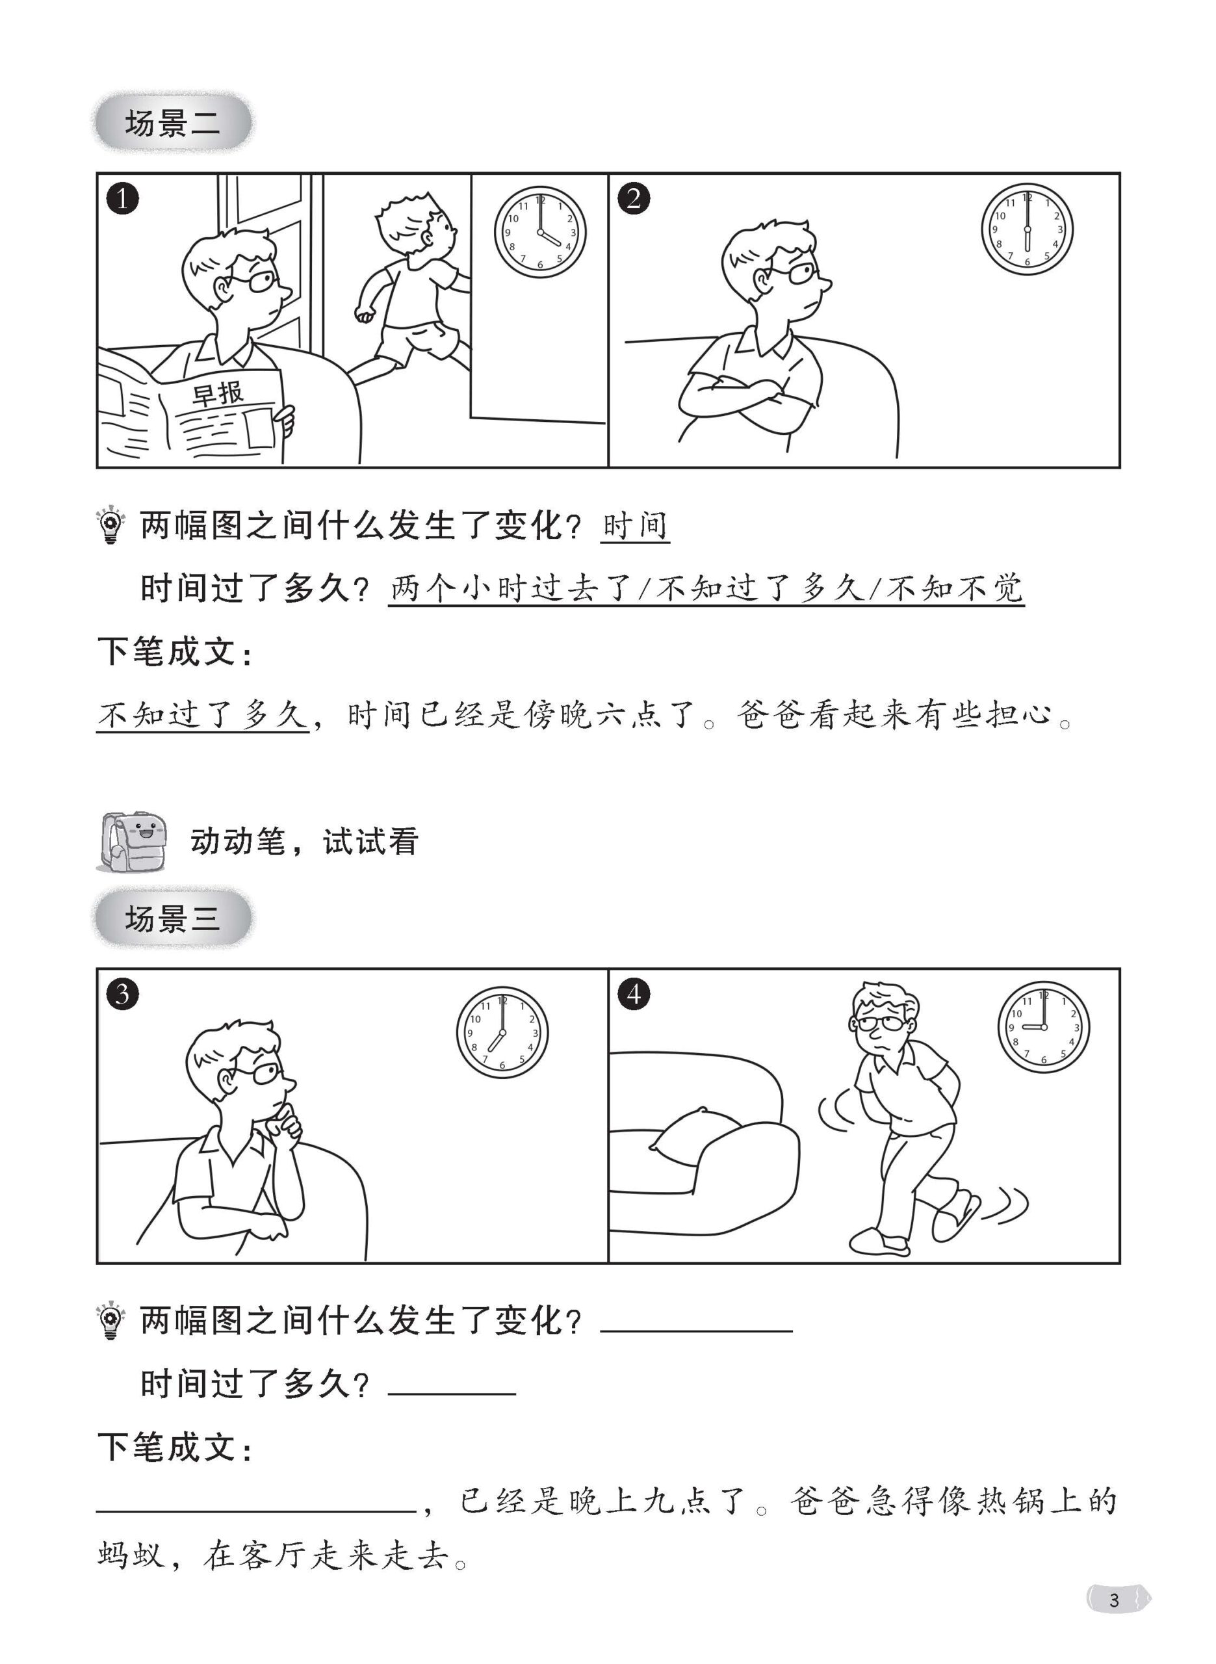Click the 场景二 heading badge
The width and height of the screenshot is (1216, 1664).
tap(173, 122)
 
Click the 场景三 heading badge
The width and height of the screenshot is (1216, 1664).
tap(173, 918)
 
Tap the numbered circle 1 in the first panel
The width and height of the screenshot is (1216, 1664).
tap(122, 198)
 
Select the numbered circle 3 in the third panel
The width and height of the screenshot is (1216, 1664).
tap(122, 994)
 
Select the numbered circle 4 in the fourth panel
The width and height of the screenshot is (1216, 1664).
tap(634, 994)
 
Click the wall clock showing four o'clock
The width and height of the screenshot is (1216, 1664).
tap(540, 232)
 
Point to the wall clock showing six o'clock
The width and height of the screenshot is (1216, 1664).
tap(1028, 229)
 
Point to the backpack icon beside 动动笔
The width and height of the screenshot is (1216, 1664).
tap(131, 842)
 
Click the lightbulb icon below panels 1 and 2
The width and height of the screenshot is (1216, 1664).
tap(110, 524)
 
